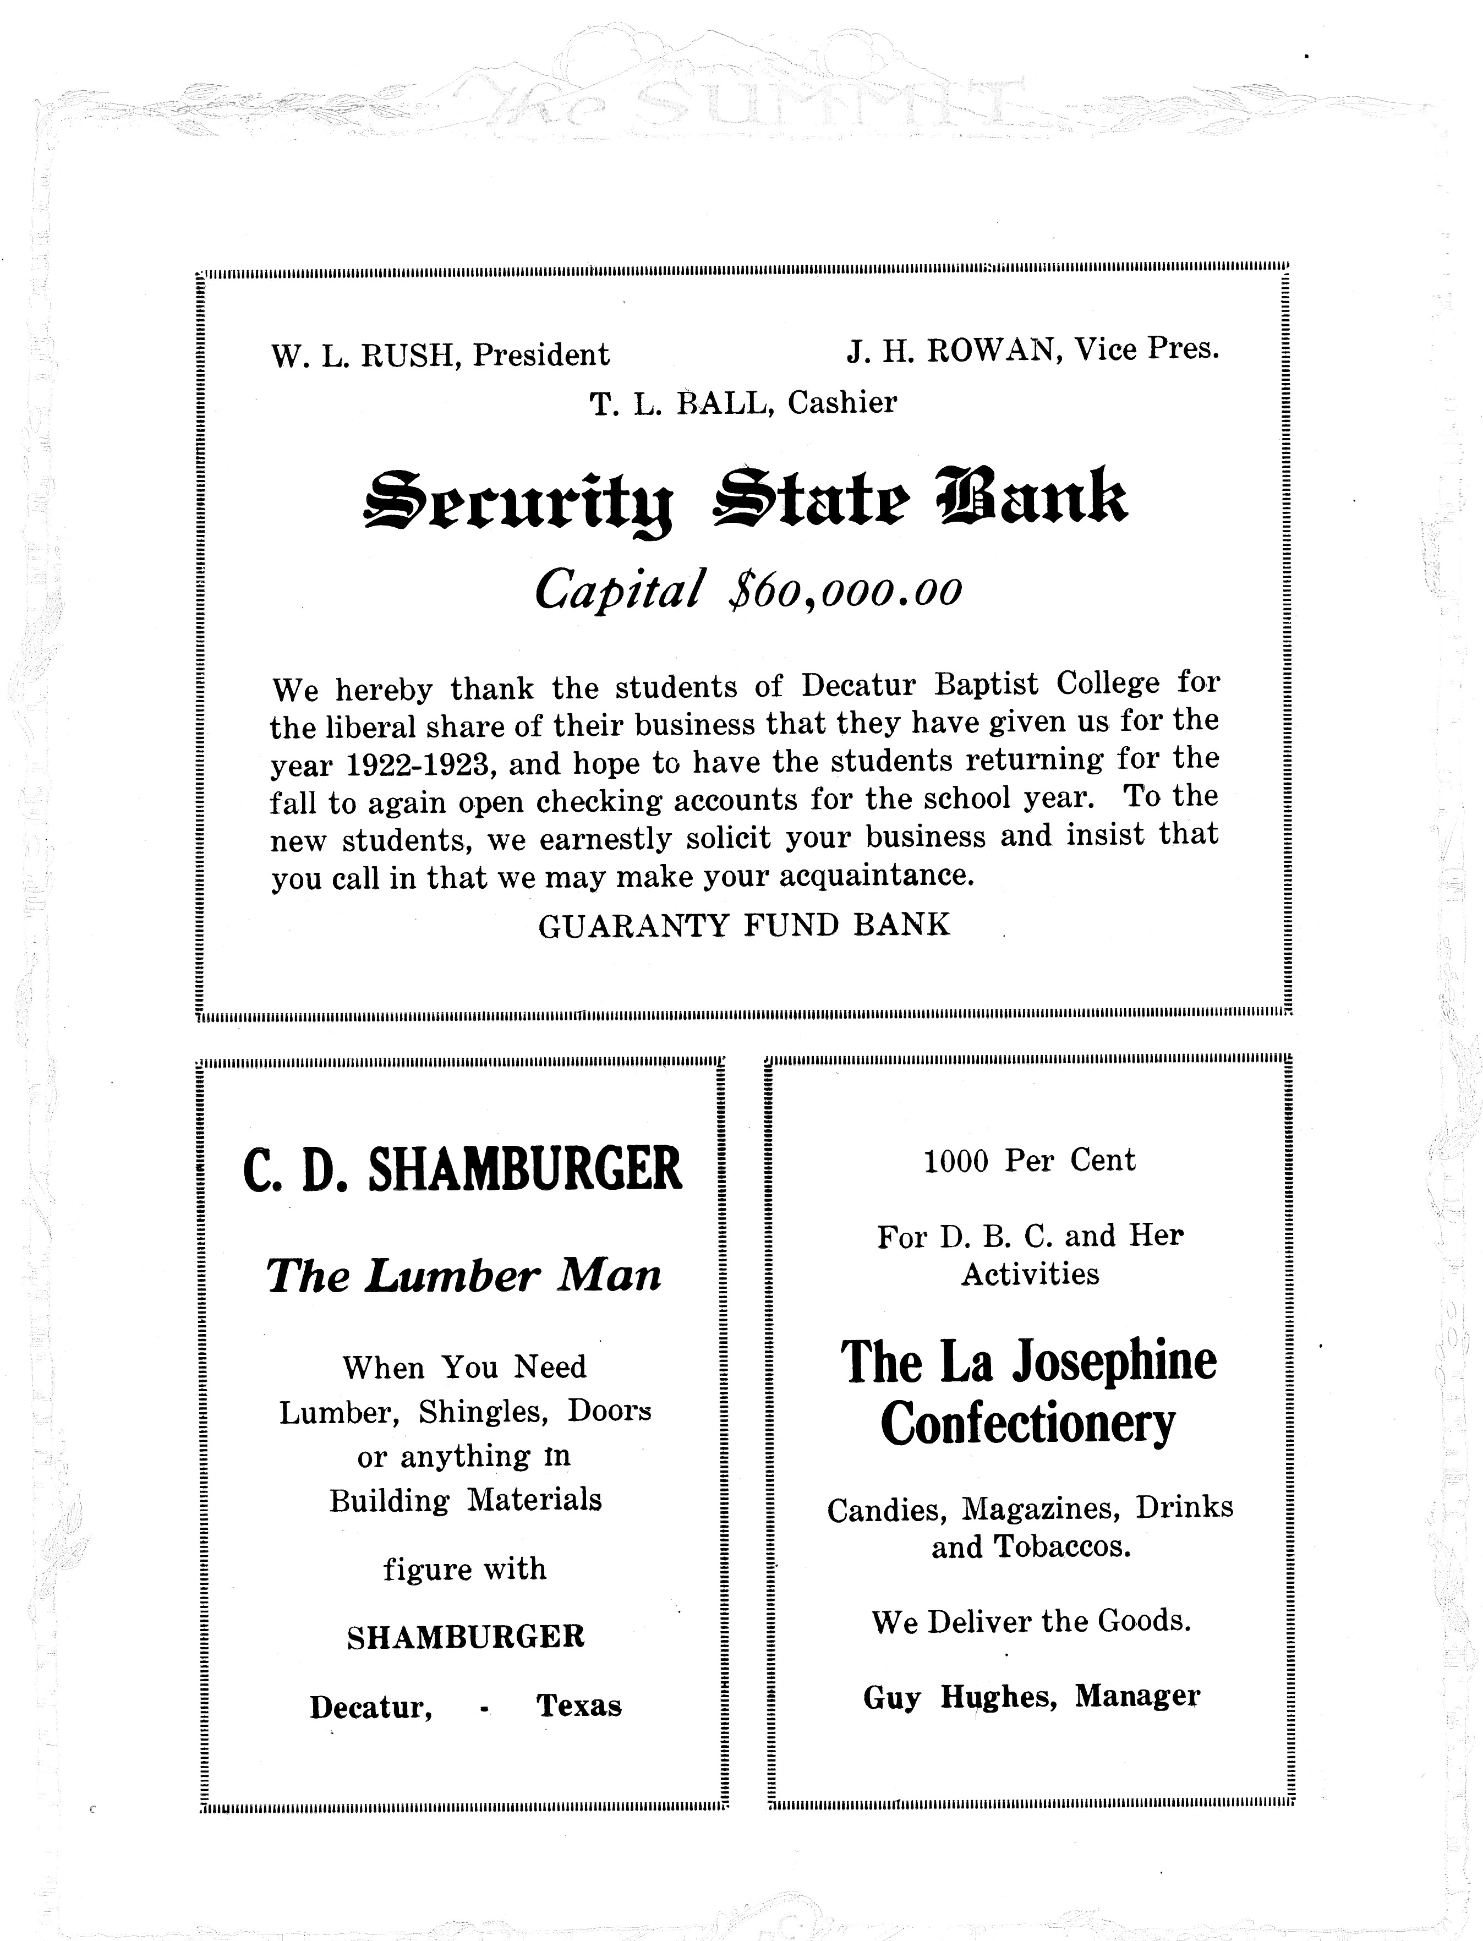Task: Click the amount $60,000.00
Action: point(845,589)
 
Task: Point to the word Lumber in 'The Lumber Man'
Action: point(452,1276)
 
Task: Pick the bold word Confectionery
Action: point(1028,1423)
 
